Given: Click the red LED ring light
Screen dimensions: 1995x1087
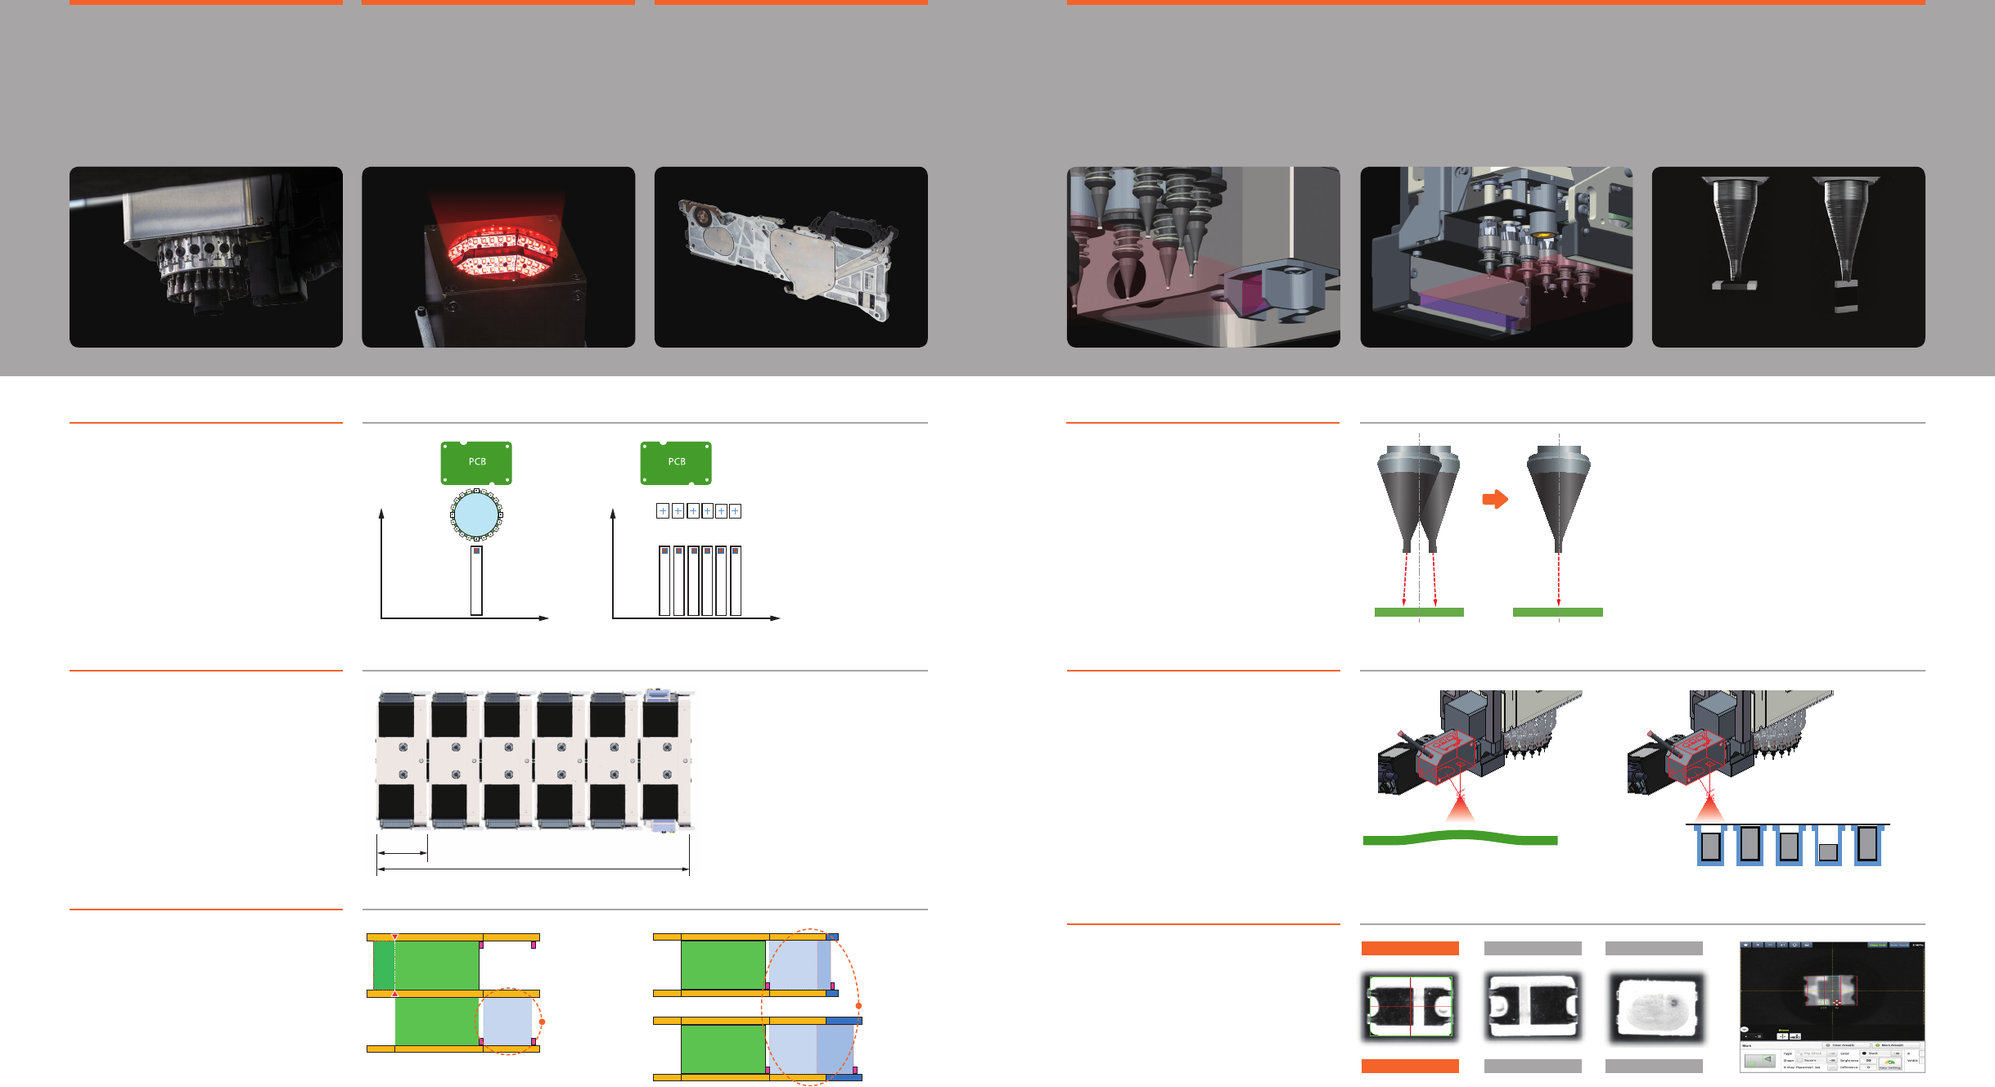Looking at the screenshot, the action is [x=499, y=249].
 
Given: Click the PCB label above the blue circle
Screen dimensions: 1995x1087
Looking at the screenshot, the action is [x=476, y=462].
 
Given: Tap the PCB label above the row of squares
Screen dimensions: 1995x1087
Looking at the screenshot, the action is [x=676, y=462].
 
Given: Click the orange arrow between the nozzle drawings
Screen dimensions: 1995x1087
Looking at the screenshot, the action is [x=1494, y=499].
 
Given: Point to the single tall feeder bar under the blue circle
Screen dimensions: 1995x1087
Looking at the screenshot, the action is [x=476, y=581].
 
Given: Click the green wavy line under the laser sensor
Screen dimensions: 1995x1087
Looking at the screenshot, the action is [x=1460, y=838].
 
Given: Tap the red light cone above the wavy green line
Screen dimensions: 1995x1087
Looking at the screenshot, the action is [x=1460, y=810].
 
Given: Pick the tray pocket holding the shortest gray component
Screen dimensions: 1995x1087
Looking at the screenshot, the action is [x=1828, y=851].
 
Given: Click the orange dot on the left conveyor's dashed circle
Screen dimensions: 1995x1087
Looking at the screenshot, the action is [x=542, y=1022].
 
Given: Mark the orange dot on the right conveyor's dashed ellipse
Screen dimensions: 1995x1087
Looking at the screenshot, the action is [x=858, y=1005].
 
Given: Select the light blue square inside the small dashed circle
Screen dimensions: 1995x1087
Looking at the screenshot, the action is [x=507, y=1021].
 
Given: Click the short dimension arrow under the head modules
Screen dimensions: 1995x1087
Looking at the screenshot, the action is [x=402, y=853].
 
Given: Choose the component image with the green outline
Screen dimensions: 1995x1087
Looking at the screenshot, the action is [x=1410, y=1006].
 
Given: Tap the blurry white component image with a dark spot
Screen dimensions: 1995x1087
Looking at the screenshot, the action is [x=1654, y=1006].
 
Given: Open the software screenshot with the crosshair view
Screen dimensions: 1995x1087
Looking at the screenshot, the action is [x=1831, y=1006].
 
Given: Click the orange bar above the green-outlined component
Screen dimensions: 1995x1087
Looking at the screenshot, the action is [x=1410, y=948].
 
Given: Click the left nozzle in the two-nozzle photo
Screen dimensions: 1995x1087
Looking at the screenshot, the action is [x=1733, y=233].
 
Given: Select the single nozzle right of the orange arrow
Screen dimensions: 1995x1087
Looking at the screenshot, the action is [x=1558, y=499].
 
